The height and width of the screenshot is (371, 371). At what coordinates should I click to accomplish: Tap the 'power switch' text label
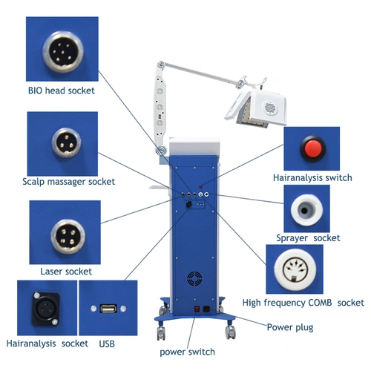pyautogui.click(x=187, y=352)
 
